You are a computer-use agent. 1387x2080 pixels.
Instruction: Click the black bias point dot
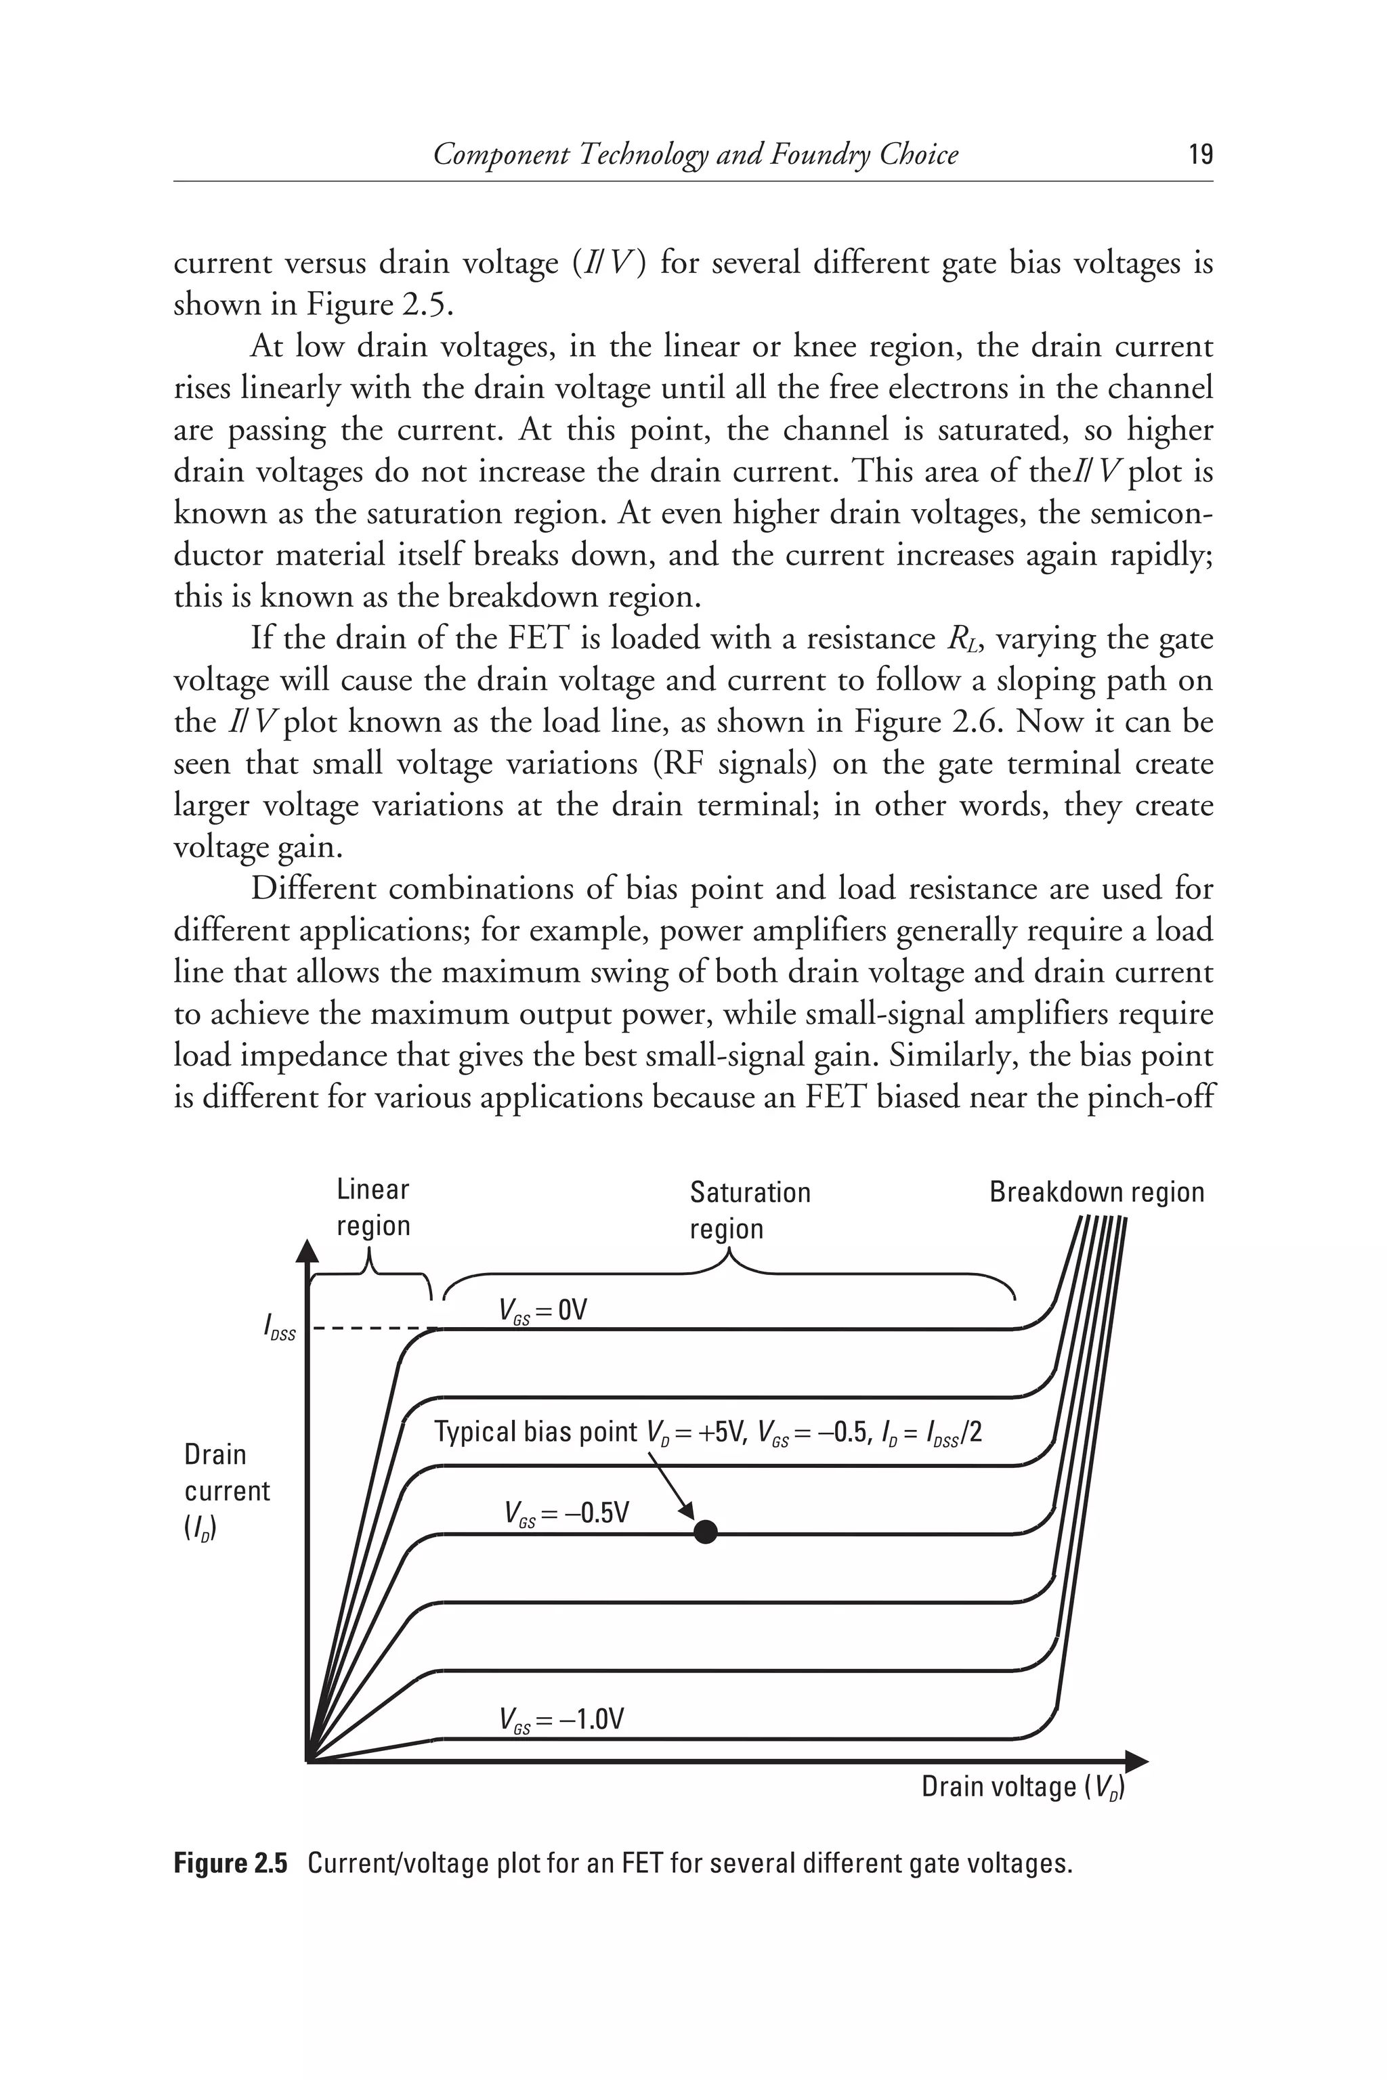pyautogui.click(x=705, y=1532)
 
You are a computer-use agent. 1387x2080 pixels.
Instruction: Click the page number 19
pyautogui.click(x=1200, y=155)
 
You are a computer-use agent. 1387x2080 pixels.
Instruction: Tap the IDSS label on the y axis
pyautogui.click(x=280, y=1327)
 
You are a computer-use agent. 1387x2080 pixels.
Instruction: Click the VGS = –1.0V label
pyautogui.click(x=561, y=1719)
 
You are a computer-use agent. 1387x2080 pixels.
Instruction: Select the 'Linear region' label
pyautogui.click(x=372, y=1207)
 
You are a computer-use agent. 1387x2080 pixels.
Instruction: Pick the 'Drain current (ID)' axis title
pyautogui.click(x=226, y=1490)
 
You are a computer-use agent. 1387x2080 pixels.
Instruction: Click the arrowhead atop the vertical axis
pyautogui.click(x=306, y=1251)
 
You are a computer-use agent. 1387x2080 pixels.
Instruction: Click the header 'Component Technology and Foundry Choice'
pyautogui.click(x=696, y=155)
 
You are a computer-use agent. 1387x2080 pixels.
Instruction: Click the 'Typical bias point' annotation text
pyautogui.click(x=708, y=1432)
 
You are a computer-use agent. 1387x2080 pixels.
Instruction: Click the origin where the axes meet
pyautogui.click(x=307, y=1760)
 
